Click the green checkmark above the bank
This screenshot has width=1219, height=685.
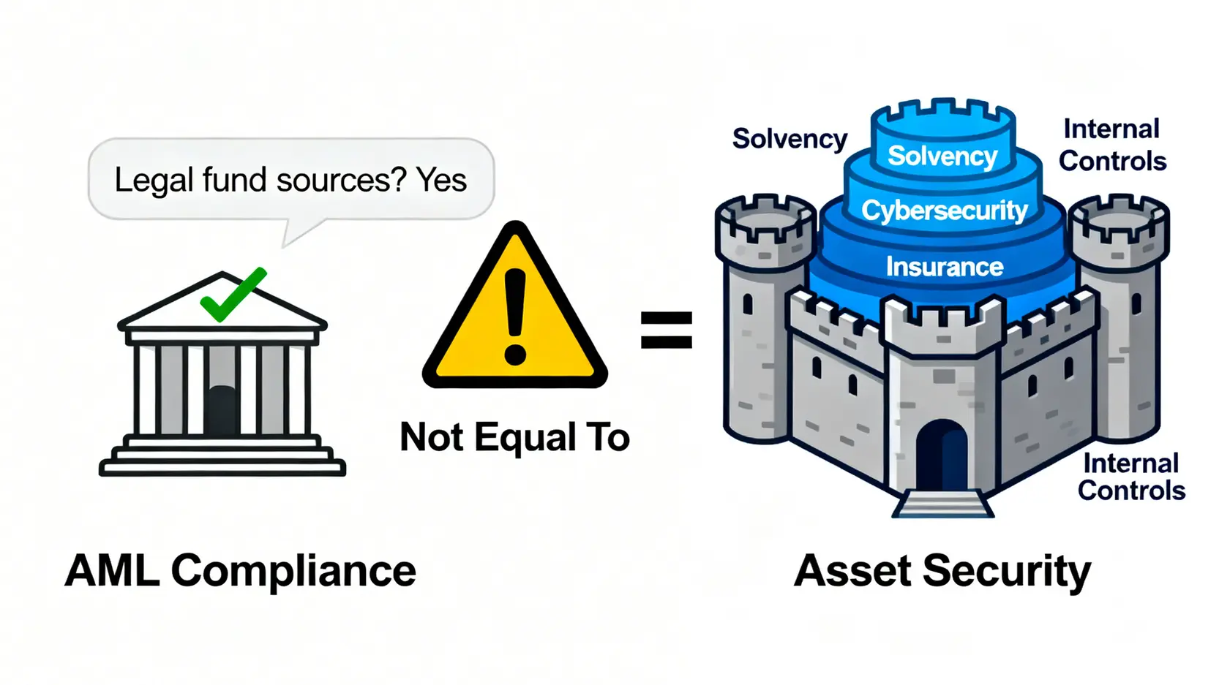pos(233,295)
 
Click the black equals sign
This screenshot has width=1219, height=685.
pos(666,330)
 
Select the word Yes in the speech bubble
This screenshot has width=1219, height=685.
pos(441,180)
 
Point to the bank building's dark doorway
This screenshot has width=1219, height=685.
pos(222,411)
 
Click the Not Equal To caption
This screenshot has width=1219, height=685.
pos(514,437)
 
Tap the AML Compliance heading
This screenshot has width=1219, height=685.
pos(241,571)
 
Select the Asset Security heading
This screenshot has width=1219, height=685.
pos(942,571)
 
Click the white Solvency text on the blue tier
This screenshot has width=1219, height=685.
pos(942,156)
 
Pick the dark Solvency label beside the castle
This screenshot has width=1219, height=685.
pos(789,139)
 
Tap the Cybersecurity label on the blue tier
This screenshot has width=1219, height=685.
pos(945,211)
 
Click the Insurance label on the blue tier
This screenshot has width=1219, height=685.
pos(945,267)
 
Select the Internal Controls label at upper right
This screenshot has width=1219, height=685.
pos(1112,145)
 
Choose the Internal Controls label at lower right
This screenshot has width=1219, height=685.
pos(1131,477)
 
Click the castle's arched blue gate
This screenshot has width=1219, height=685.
pos(942,456)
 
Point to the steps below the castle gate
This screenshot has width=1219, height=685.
pos(942,504)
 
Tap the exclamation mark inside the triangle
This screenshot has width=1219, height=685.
pos(515,316)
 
